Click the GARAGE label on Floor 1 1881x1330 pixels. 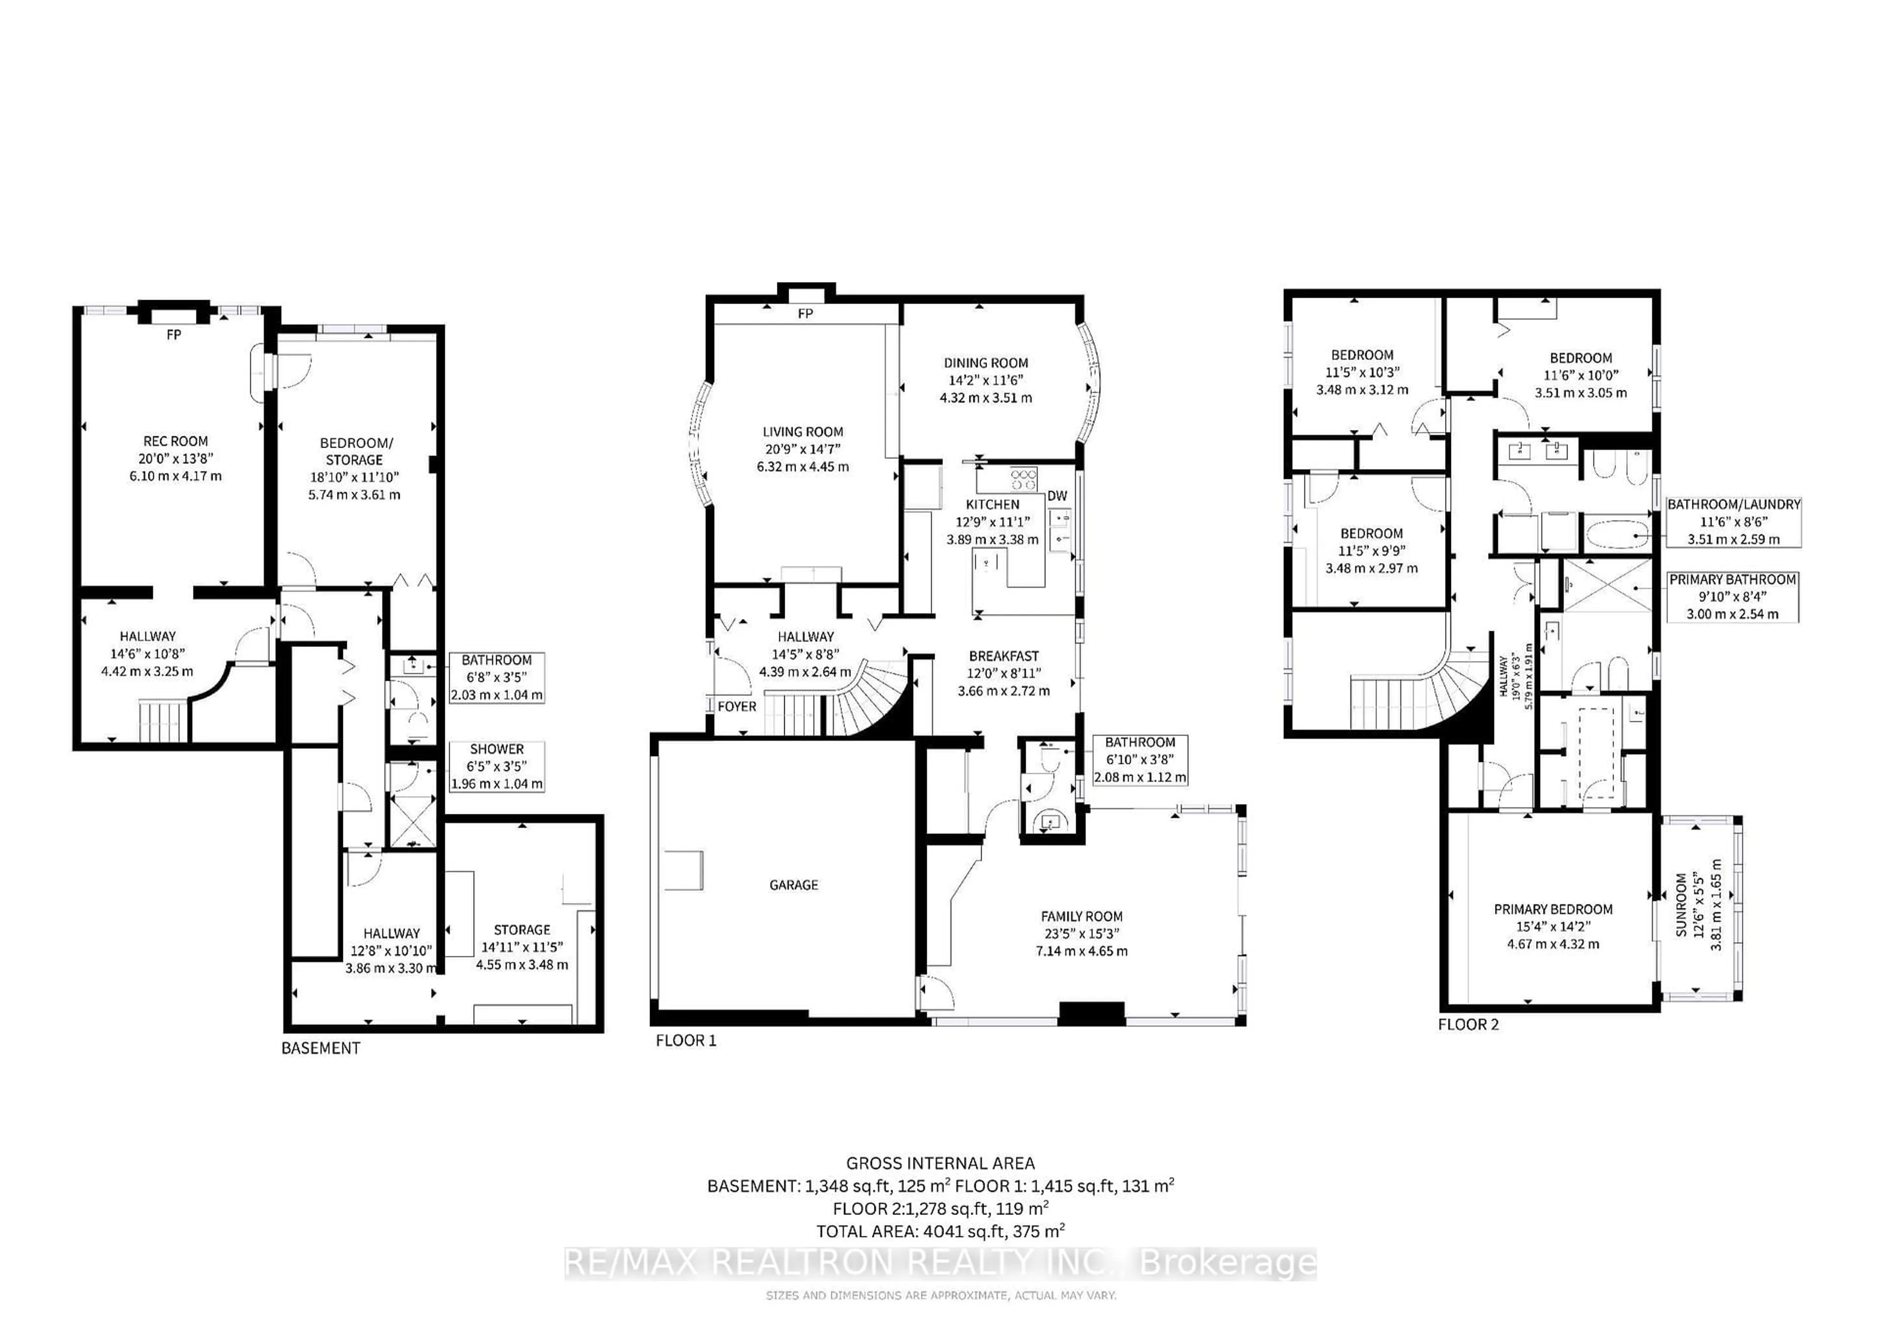(x=793, y=884)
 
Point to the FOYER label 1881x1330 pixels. (x=737, y=706)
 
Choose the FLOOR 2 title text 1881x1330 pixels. (x=1468, y=1024)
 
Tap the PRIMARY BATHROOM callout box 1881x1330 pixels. (x=1732, y=596)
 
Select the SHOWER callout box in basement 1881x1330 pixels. (x=497, y=766)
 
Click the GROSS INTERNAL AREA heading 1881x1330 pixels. (x=940, y=1163)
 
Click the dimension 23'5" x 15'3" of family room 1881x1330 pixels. (x=1082, y=934)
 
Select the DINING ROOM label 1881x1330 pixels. (x=986, y=363)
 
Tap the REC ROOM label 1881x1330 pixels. (x=175, y=441)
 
